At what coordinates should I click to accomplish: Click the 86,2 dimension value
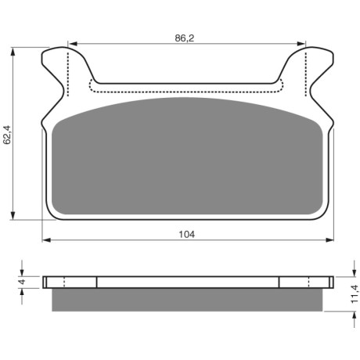185,38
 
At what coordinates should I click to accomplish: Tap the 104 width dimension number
186,235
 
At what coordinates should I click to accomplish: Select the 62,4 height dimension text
7,135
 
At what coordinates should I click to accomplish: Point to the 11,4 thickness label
355,294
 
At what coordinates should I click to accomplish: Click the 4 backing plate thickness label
22,282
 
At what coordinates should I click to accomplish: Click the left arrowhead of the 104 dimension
46,240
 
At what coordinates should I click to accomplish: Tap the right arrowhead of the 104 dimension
329,240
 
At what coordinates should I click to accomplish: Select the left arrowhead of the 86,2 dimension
73,44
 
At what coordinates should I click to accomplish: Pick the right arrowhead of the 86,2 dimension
301,44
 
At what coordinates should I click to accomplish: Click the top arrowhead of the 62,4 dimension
13,52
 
